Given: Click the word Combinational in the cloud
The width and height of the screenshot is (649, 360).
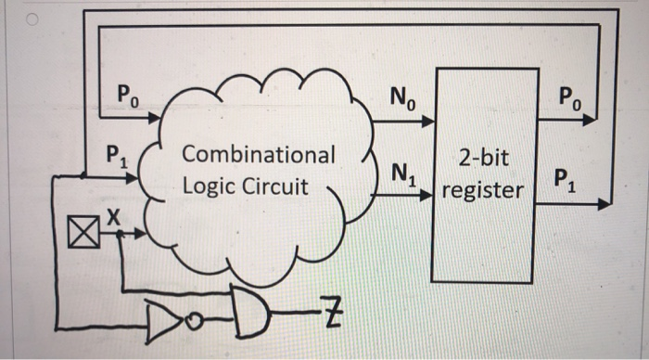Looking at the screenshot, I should [260, 154].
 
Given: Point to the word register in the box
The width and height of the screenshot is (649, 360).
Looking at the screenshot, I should [483, 192].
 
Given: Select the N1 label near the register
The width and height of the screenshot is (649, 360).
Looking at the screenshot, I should [403, 173].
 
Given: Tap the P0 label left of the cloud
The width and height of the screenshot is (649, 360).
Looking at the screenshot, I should [128, 94].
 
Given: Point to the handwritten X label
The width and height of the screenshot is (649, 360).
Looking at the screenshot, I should [112, 215].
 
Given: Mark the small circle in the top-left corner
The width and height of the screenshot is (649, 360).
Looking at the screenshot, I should [8, 16].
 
